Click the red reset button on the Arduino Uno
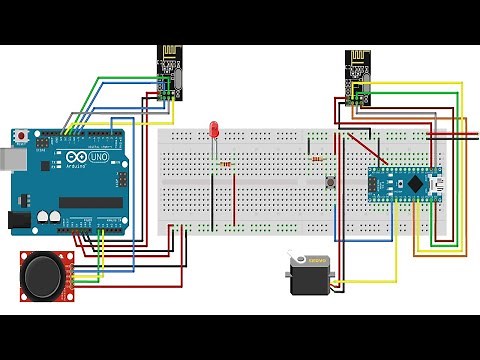(22, 134)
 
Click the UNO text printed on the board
(99, 157)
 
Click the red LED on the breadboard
(214, 130)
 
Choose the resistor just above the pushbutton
(318, 158)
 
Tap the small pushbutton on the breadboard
(329, 182)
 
